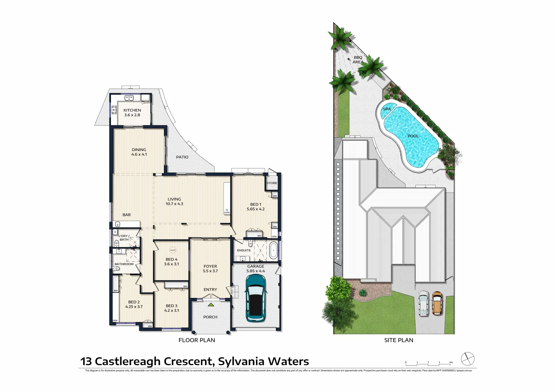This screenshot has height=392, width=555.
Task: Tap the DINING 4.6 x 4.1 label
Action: tap(139, 152)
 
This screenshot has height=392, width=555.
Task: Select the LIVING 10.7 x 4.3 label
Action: tap(174, 201)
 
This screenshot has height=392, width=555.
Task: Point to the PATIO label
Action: tap(182, 157)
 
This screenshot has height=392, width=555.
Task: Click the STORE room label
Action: tap(272, 183)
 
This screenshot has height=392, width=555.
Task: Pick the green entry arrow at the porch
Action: tap(210, 295)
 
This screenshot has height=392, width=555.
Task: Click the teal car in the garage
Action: tap(256, 298)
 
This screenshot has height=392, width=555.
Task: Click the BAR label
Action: tap(126, 215)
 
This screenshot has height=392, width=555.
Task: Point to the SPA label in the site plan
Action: tap(387, 109)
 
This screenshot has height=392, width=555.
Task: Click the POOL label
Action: tap(413, 136)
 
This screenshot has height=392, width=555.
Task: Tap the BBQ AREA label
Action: tap(358, 60)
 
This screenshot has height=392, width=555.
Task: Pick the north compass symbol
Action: tap(468, 359)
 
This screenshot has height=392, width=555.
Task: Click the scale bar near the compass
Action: tap(429, 362)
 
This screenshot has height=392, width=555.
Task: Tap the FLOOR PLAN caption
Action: tap(197, 340)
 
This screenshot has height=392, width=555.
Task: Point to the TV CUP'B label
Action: tap(227, 212)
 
